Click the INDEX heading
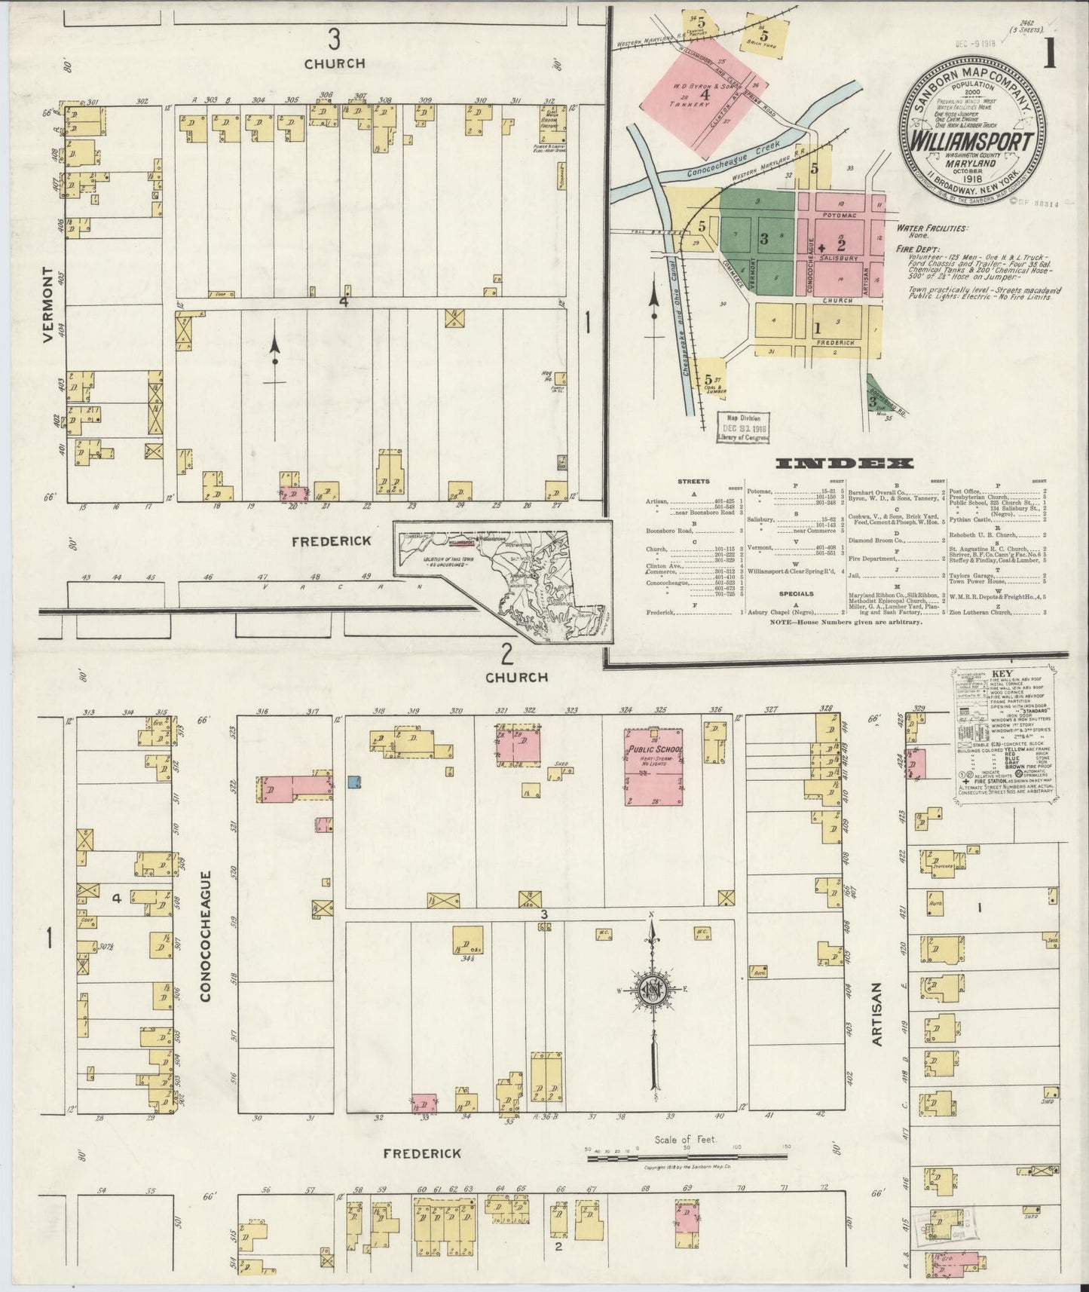[844, 464]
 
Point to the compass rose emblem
[652, 990]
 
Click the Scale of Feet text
[685, 1161]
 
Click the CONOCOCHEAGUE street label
[206, 936]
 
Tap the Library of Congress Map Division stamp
[744, 427]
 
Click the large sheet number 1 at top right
[1049, 54]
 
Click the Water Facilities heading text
[932, 228]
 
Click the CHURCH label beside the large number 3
[335, 64]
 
